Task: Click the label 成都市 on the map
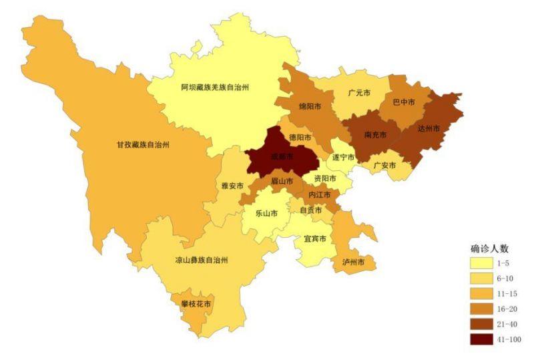coord(282,157)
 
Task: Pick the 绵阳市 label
coord(310,106)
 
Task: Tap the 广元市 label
coord(360,93)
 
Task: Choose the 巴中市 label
coord(403,102)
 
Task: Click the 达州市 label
coord(429,128)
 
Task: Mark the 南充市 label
coord(376,135)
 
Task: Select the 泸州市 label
coord(353,262)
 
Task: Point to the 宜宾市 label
coord(314,239)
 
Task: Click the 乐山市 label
coord(266,214)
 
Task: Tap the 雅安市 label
coord(232,186)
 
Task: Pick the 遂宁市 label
coord(343,158)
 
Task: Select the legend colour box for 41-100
coord(480,339)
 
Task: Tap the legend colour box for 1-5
coord(480,264)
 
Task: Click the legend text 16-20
coord(508,309)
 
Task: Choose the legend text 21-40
coord(508,324)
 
